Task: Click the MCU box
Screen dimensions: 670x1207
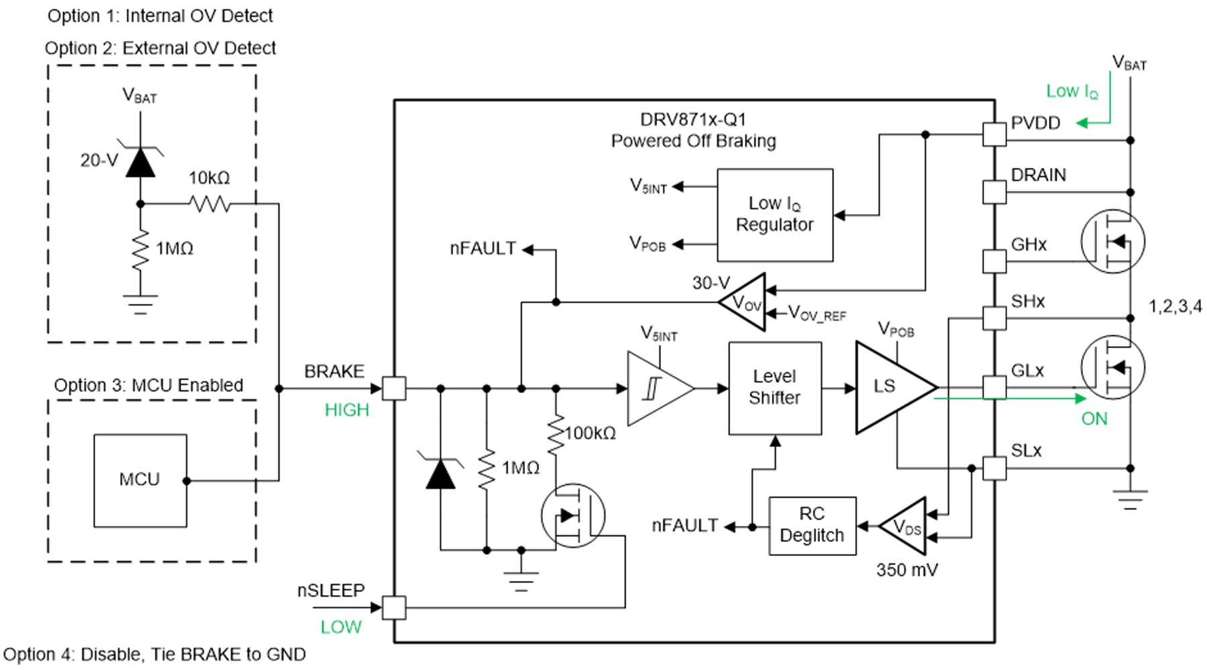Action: click(140, 480)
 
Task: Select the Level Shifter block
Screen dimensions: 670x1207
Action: click(774, 388)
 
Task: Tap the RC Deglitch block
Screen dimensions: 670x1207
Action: click(812, 525)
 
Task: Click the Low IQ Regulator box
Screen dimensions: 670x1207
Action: click(774, 215)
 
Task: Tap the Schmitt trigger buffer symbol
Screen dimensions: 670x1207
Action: click(655, 388)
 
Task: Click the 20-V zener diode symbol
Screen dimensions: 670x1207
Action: click(140, 162)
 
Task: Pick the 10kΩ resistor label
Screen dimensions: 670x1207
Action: click(209, 178)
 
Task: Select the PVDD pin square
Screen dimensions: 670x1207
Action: click(994, 134)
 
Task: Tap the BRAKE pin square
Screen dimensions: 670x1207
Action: click(394, 388)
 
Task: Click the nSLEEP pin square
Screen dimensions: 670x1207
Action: click(394, 608)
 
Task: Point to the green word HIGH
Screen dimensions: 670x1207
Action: click(347, 410)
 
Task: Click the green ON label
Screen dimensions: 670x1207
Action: click(1094, 418)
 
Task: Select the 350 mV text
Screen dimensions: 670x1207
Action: click(907, 570)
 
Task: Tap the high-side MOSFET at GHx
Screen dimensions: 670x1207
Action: click(1112, 241)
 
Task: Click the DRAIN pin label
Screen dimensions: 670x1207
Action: click(1038, 175)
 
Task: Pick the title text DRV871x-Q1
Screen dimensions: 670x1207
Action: click(693, 119)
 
